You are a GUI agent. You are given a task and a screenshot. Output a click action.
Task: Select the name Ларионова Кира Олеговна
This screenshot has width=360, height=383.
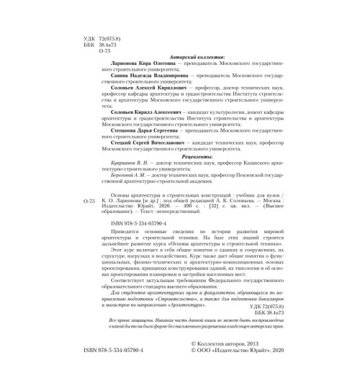(137, 64)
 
